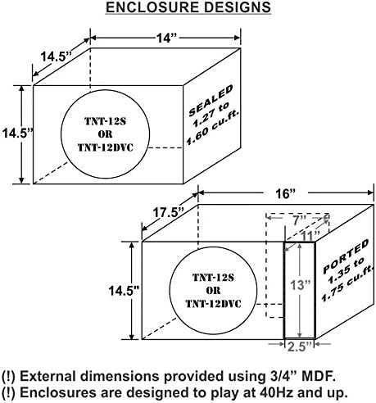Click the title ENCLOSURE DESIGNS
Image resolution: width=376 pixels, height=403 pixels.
tap(188, 7)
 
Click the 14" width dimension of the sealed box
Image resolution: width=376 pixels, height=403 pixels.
tap(166, 38)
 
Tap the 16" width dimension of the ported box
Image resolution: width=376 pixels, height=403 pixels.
tap(285, 194)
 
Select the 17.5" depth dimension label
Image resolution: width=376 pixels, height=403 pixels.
tap(168, 213)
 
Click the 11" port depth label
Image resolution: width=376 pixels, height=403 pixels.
tap(310, 236)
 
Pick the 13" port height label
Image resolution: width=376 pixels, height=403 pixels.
tap(301, 285)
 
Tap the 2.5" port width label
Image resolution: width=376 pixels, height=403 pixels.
tap(300, 346)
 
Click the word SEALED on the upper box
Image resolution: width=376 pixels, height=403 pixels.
tap(211, 100)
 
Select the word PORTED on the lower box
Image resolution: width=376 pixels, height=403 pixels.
tap(346, 256)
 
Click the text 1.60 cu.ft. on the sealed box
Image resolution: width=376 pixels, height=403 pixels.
tap(213, 128)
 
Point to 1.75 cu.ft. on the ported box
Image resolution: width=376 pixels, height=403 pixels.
tap(347, 283)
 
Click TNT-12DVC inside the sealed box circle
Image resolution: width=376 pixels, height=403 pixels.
tap(106, 147)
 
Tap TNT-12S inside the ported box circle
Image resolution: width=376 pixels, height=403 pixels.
tap(213, 278)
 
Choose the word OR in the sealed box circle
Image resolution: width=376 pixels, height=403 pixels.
tap(105, 134)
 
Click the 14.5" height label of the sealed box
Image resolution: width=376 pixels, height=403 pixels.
tap(17, 134)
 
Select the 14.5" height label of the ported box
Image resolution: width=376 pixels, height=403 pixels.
tap(124, 291)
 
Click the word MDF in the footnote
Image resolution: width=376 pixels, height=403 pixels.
tap(318, 376)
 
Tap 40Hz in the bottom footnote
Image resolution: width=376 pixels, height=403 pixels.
tap(276, 393)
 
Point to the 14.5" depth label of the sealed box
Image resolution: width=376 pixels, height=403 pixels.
tap(56, 57)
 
